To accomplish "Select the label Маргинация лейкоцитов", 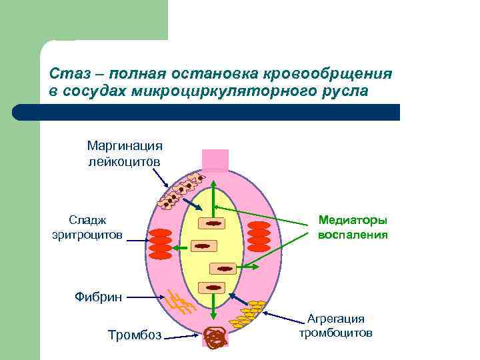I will coord(125,153).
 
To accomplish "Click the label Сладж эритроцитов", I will coord(87,227).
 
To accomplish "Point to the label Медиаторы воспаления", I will coord(353,227).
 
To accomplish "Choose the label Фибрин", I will coord(98,297).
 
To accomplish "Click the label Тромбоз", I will coord(135,334).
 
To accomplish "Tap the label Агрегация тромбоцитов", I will coord(335,325).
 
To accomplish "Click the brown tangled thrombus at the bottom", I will coord(215,338).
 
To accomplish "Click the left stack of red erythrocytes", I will coord(161,243).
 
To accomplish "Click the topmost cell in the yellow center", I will coord(213,225).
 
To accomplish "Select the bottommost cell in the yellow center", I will coord(213,288).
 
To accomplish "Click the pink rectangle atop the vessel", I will coord(215,161).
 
